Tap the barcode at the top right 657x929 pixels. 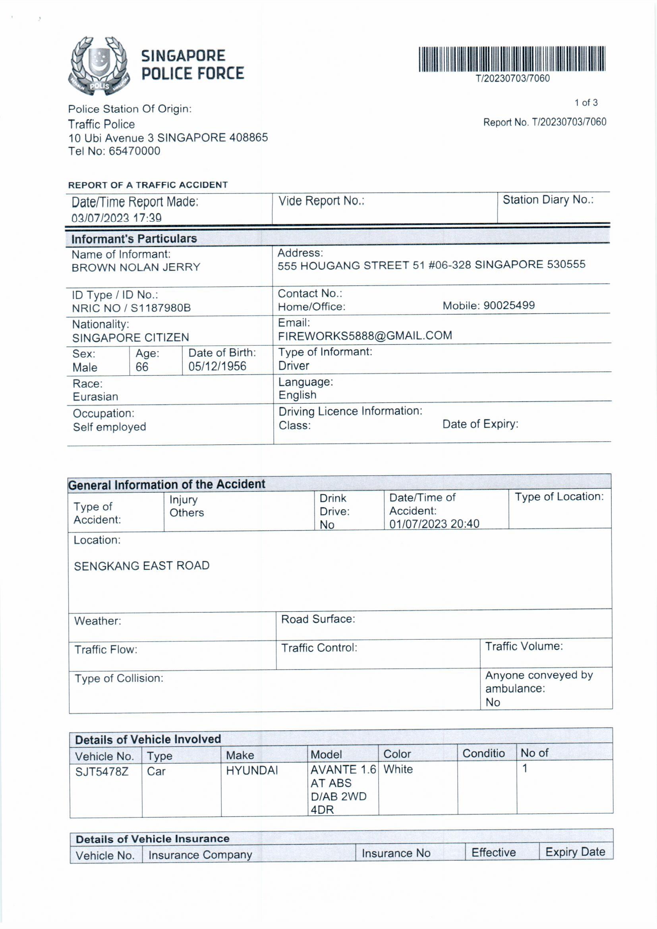[x=512, y=59]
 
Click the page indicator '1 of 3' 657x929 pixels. [x=586, y=103]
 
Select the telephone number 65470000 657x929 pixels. [x=134, y=151]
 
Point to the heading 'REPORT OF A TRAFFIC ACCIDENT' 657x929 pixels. [x=148, y=185]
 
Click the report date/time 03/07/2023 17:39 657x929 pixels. [x=116, y=218]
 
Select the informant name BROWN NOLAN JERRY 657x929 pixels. [x=136, y=267]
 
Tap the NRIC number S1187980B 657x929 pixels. [x=160, y=308]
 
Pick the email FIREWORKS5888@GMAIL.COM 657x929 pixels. [x=365, y=335]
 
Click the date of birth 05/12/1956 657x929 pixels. [x=217, y=366]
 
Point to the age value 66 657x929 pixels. [x=142, y=367]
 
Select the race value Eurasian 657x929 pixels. [x=95, y=397]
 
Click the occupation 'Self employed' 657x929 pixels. [x=109, y=427]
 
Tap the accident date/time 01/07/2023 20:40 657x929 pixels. [x=434, y=524]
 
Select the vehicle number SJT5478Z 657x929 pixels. [x=102, y=772]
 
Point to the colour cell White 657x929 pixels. [x=398, y=769]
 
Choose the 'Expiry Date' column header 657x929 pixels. [x=575, y=852]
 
